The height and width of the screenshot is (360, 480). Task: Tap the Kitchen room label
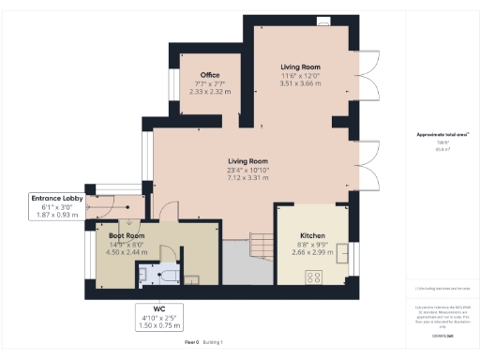point(312,235)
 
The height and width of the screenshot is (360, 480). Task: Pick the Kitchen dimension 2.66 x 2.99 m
point(312,252)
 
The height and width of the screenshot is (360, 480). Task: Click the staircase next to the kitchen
point(250,246)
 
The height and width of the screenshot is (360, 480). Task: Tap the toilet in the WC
point(145,275)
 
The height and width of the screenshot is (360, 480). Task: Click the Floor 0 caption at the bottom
point(193,344)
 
